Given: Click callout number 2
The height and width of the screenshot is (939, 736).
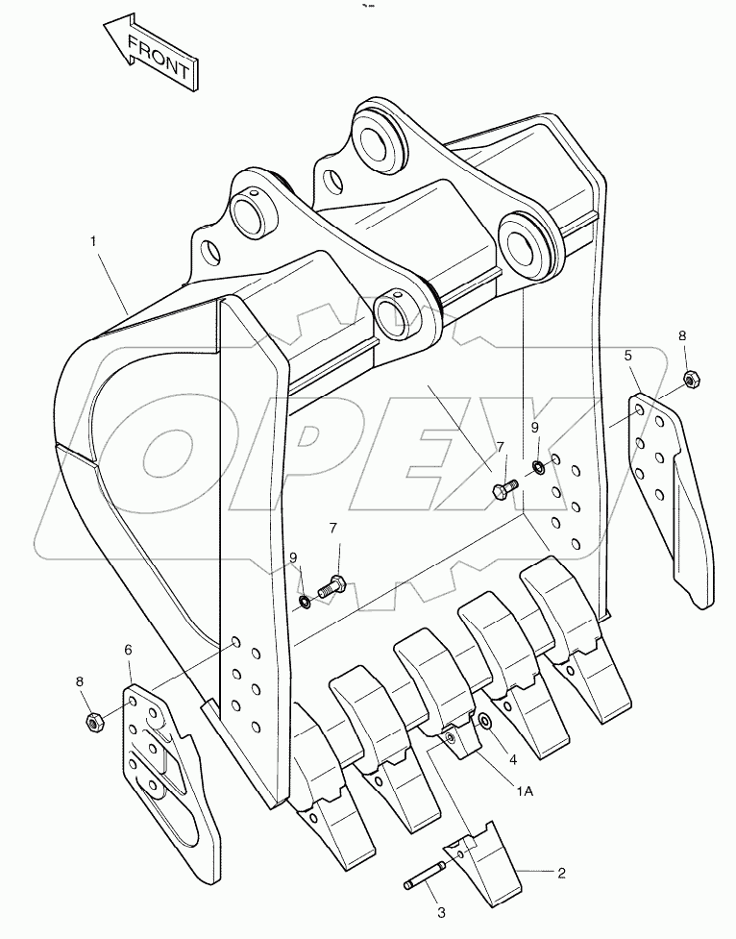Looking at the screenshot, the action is (561, 873).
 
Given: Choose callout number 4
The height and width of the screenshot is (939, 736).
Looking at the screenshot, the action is (513, 758).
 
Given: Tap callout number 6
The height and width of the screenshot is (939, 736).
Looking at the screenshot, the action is (128, 650).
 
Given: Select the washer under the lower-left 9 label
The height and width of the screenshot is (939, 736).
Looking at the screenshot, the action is (304, 603).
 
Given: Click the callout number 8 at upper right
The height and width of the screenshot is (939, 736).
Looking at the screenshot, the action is (682, 336).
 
